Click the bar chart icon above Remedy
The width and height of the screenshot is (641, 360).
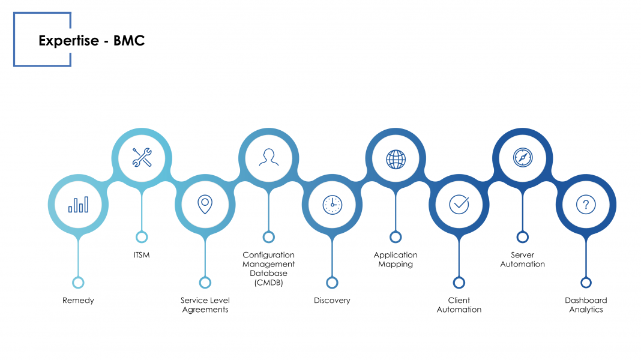pyautogui.click(x=78, y=205)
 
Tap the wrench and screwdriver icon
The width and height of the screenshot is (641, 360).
pyautogui.click(x=142, y=157)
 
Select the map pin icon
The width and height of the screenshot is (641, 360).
pyautogui.click(x=205, y=205)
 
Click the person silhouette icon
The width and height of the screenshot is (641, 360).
pyautogui.click(x=268, y=157)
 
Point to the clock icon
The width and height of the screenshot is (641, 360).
pyautogui.click(x=333, y=205)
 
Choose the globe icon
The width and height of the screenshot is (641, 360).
pyautogui.click(x=396, y=160)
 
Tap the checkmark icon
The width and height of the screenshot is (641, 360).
pyautogui.click(x=459, y=204)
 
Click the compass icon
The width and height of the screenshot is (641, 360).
pyautogui.click(x=522, y=157)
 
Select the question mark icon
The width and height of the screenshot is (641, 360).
pyautogui.click(x=586, y=205)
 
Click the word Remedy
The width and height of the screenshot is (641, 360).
pyautogui.click(x=78, y=301)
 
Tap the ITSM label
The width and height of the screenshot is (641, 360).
pyautogui.click(x=142, y=255)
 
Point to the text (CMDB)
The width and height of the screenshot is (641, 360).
pyautogui.click(x=268, y=283)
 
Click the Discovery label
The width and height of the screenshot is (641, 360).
pyautogui.click(x=332, y=301)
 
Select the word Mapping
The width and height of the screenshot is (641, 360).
pyautogui.click(x=396, y=265)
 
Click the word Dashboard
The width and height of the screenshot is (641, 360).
pyautogui.click(x=586, y=301)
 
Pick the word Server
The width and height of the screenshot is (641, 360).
pyautogui.click(x=522, y=255)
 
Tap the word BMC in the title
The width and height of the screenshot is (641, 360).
pyautogui.click(x=129, y=40)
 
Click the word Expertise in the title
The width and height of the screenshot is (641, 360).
pyautogui.click(x=68, y=41)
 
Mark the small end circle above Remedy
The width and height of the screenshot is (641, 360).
pyautogui.click(x=78, y=283)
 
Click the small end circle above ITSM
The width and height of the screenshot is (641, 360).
pyautogui.click(x=142, y=237)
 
